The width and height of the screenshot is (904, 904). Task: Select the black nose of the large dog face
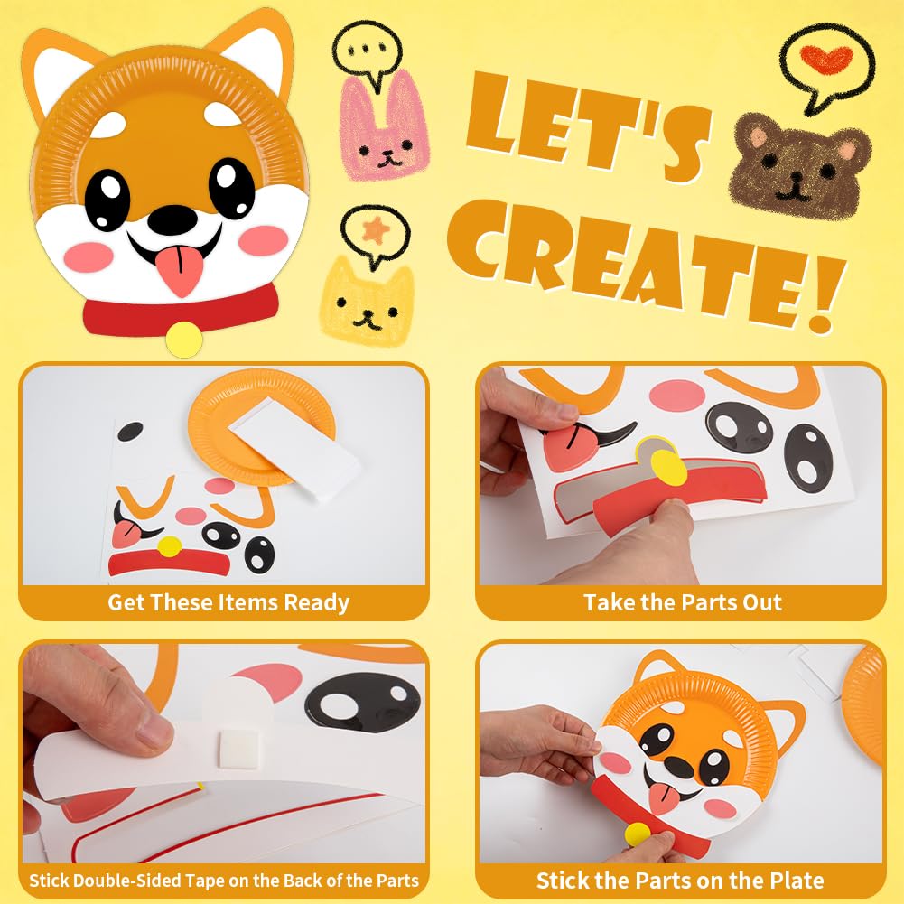[x=169, y=219]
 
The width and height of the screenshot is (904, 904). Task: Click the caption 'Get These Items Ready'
[x=228, y=602]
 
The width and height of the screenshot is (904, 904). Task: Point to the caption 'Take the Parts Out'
[x=682, y=602]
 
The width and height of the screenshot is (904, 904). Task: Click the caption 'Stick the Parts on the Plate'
[x=679, y=880]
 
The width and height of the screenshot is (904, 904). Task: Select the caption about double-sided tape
[x=224, y=880]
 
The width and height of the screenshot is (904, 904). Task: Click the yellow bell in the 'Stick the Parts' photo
[x=637, y=834]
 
